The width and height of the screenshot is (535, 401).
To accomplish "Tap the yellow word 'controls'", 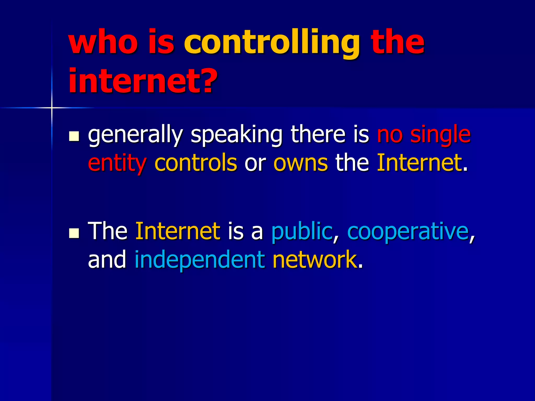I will [196, 163].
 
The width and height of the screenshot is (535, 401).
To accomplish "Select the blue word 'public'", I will [302, 231].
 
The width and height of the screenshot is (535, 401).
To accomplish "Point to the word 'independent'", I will [200, 260].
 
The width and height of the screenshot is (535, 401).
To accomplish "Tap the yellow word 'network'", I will [315, 260].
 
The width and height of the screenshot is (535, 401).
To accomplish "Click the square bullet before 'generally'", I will [74, 136].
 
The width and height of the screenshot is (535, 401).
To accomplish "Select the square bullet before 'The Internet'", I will [74, 232].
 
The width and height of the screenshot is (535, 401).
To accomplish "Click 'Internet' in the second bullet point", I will [178, 231].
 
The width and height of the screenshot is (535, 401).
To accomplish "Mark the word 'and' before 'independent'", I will [107, 260].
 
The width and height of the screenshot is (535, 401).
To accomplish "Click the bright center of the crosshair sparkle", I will [52, 108].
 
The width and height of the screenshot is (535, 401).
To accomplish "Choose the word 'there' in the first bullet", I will [318, 135].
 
